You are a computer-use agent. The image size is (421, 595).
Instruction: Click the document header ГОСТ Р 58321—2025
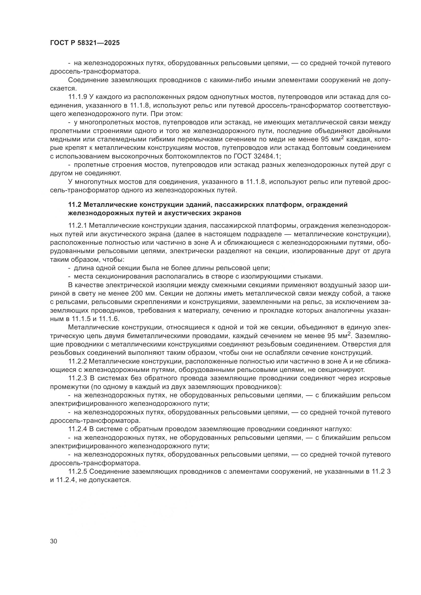(85, 43)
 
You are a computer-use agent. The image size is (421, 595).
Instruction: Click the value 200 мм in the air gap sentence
(145, 294)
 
